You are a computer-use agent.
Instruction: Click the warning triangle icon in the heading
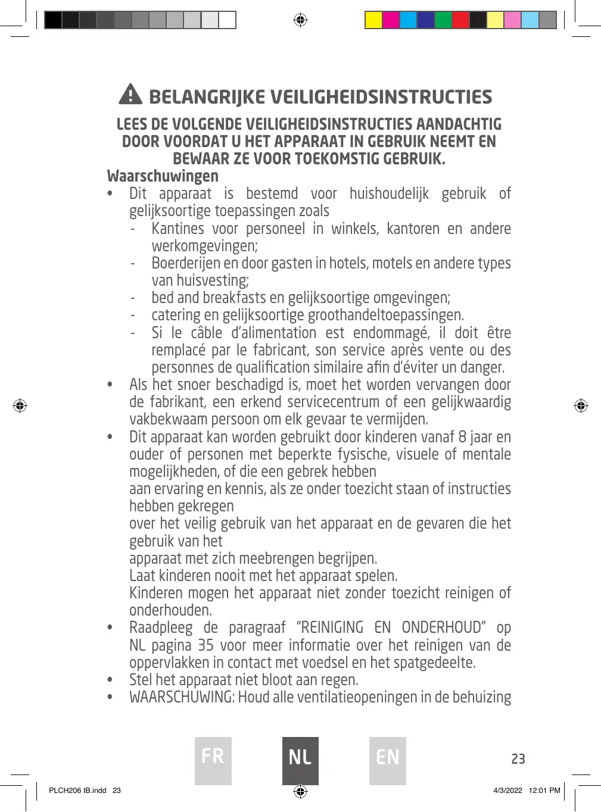(130, 95)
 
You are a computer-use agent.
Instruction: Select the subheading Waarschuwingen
(163, 176)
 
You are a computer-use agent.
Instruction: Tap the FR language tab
(213, 760)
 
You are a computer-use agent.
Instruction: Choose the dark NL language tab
(300, 760)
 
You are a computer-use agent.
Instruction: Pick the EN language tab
(388, 760)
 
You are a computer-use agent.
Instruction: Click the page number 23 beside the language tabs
(518, 759)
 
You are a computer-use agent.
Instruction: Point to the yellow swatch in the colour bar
(373, 20)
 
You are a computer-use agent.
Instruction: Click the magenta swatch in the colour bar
(391, 20)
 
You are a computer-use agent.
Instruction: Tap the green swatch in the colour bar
(443, 20)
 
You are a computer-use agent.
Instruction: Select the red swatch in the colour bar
(460, 20)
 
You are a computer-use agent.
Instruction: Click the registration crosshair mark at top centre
(300, 20)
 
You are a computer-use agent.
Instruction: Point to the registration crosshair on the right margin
(581, 406)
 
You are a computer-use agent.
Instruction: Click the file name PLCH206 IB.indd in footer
(77, 791)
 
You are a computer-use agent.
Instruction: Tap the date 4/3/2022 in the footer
(507, 791)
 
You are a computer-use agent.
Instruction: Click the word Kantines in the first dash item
(178, 229)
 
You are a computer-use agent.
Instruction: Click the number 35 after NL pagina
(205, 645)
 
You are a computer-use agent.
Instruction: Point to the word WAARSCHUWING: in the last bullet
(182, 697)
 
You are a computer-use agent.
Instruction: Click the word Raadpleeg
(161, 628)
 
